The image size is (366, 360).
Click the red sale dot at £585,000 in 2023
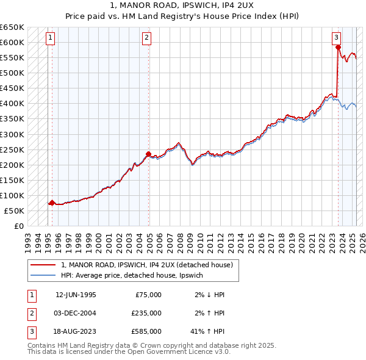click(x=338, y=47)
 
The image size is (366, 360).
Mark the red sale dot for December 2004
click(x=148, y=154)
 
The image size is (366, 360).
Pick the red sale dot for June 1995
click(x=52, y=203)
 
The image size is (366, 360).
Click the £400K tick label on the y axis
click(x=12, y=103)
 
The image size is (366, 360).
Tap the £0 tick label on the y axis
click(x=18, y=226)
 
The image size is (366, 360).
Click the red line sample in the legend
click(x=43, y=265)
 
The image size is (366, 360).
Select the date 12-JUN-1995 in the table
click(x=76, y=294)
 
